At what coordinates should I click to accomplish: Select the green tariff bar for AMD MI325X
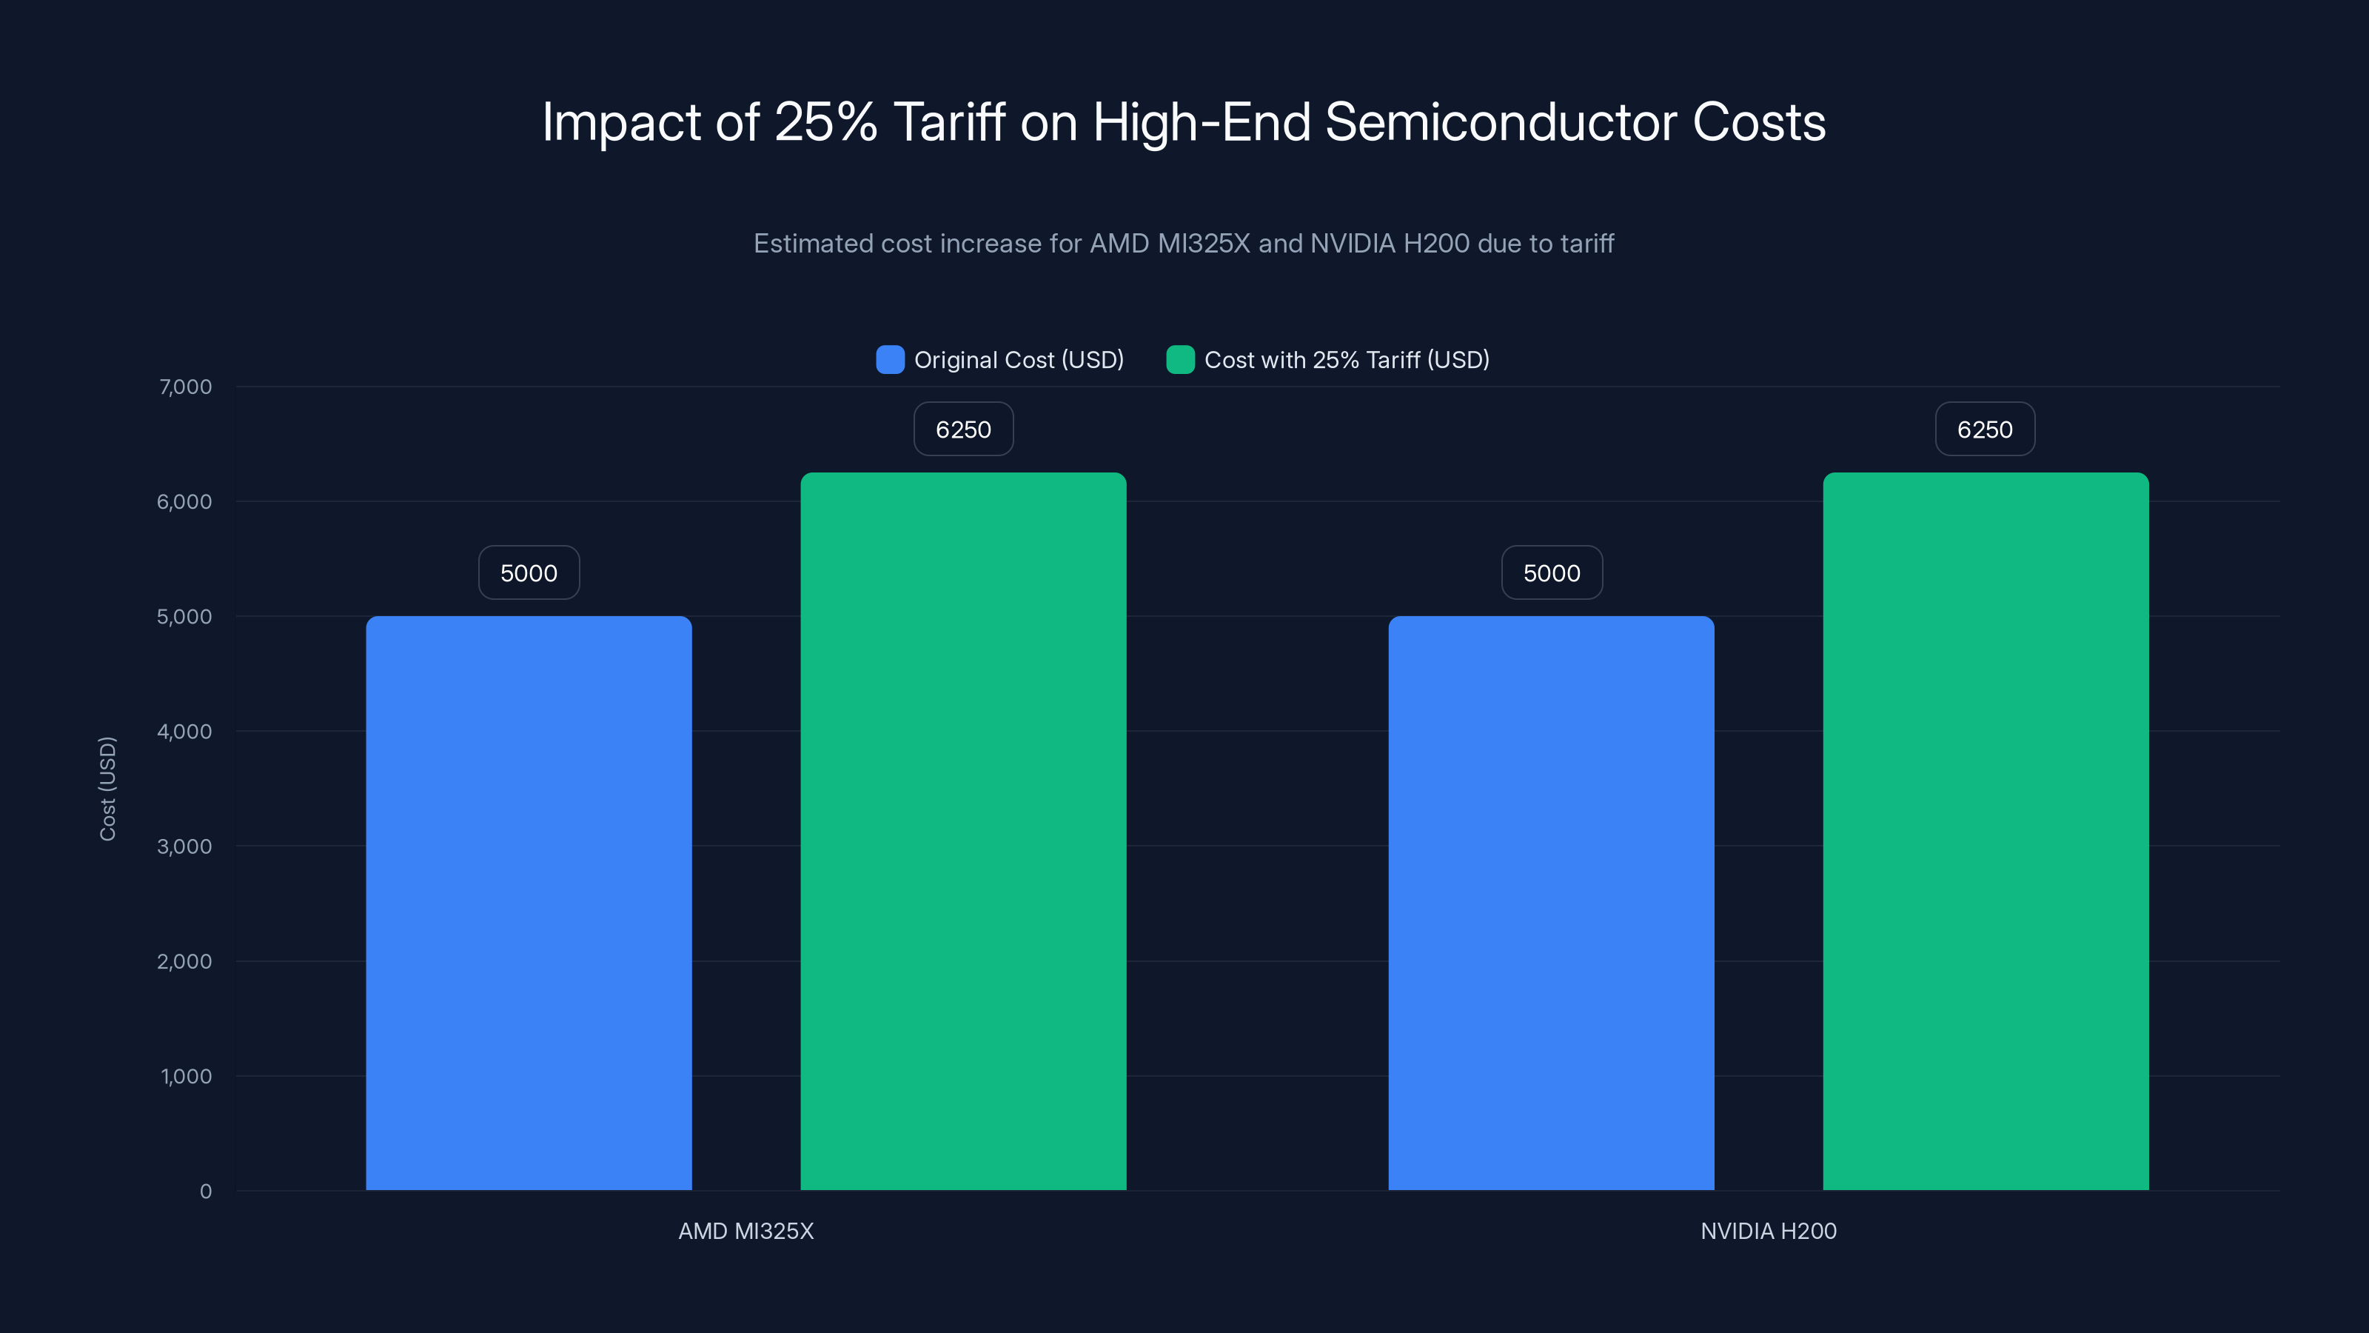click(x=963, y=831)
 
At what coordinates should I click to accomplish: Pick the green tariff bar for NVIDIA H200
click(x=1986, y=831)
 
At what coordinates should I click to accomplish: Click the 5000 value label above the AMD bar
click(x=529, y=573)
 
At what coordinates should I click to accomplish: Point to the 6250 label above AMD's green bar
click(x=963, y=430)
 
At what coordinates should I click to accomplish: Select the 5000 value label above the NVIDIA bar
click(x=1552, y=573)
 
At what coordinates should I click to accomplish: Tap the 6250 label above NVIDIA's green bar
click(x=1985, y=430)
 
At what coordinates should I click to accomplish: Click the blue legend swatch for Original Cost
click(x=889, y=360)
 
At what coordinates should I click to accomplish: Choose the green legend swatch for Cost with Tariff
click(x=1180, y=360)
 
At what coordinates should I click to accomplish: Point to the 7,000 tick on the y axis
click(x=185, y=387)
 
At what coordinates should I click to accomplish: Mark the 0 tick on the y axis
click(x=205, y=1192)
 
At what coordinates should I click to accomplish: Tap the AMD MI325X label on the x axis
click(x=745, y=1231)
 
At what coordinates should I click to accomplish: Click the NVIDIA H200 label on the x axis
click(x=1768, y=1231)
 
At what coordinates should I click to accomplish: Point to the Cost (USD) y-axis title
click(x=107, y=789)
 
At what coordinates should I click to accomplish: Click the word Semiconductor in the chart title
click(x=1501, y=122)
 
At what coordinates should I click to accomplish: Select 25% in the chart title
click(x=825, y=122)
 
